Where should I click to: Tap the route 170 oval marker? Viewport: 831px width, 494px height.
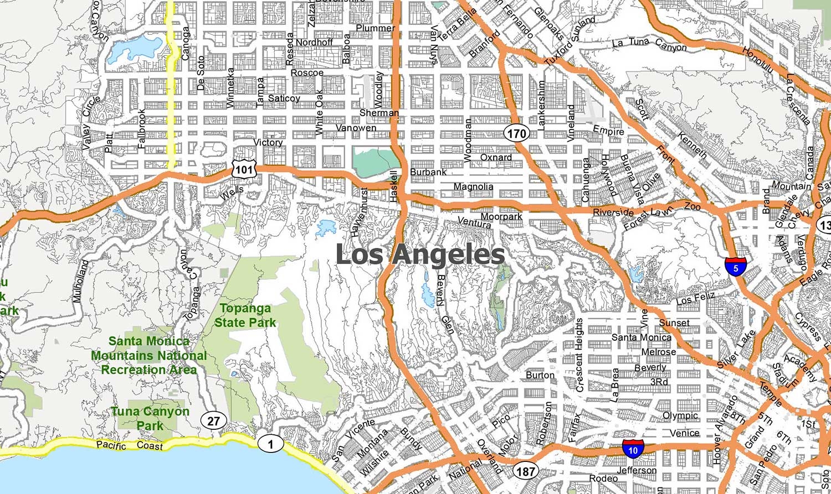tap(516, 133)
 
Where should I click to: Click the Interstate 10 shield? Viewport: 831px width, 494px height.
tap(633, 449)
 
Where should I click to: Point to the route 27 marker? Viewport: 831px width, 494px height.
tap(213, 421)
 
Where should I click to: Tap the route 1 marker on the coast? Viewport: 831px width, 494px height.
tap(270, 443)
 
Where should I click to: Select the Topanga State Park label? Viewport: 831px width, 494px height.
tap(245, 315)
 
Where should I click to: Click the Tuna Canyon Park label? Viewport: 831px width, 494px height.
tap(150, 418)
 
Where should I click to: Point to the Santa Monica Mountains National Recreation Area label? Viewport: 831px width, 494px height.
tap(149, 355)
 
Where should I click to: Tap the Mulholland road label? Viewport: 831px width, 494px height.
tap(80, 281)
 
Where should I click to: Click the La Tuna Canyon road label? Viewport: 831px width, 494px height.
tap(649, 44)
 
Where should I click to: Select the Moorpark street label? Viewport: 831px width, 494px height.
tap(501, 216)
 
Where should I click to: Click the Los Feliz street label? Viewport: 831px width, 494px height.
tap(696, 299)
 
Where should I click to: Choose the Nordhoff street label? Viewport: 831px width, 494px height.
tap(314, 42)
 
